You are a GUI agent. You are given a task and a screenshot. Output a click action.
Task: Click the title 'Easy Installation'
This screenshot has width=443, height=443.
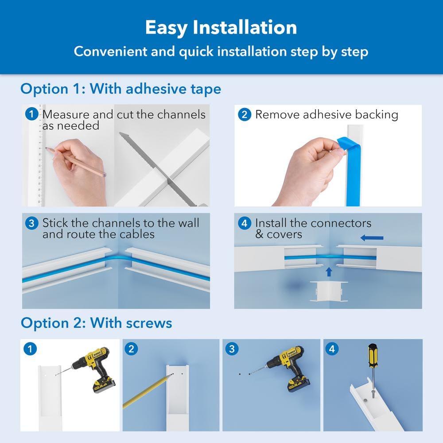221,27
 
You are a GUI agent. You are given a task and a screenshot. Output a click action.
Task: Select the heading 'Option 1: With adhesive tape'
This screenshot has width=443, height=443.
120,89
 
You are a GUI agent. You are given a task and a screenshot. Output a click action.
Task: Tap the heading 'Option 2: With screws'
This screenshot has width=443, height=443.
96,323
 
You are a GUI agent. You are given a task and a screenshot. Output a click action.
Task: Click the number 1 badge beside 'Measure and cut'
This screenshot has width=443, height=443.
31,114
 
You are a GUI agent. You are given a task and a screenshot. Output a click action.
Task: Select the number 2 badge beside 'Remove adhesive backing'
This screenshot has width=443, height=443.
244,115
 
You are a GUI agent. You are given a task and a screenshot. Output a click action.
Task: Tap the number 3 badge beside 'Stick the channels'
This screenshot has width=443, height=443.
31,223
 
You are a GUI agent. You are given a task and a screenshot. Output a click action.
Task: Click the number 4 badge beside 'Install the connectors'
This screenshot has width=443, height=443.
244,223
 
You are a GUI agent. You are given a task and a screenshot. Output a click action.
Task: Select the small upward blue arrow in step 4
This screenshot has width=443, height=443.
328,270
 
